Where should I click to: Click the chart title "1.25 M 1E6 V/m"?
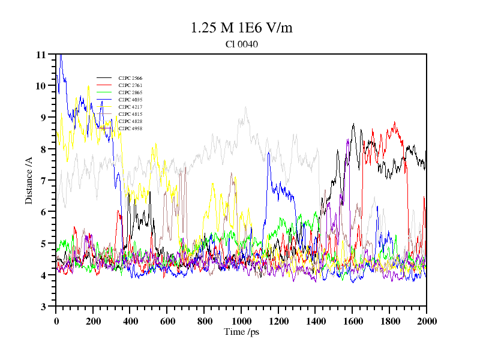tap(241, 28)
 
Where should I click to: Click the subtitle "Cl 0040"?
tap(241, 44)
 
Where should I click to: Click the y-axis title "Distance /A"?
tap(29, 180)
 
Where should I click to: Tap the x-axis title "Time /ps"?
tap(241, 332)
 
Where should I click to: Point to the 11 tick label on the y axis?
tap(41, 55)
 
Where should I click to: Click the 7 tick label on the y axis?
tap(43, 181)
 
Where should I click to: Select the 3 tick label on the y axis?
tap(43, 307)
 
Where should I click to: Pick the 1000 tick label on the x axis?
tap(241, 321)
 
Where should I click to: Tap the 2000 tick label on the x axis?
tap(426, 321)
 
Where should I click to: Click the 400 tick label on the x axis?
tap(130, 321)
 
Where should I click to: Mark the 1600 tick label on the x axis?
tap(352, 321)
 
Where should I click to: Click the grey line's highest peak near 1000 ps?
tap(245, 107)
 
